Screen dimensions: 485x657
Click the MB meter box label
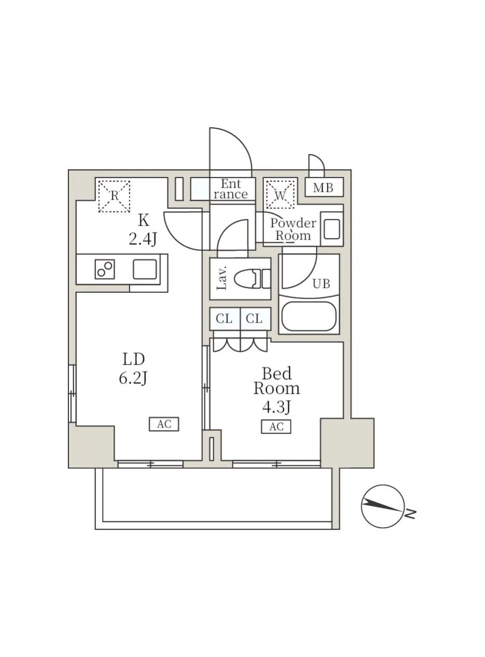323,187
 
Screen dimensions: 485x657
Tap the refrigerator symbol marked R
114,196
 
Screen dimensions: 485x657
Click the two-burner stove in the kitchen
105,269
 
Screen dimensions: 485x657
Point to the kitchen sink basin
145,269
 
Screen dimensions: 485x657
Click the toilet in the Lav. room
252,278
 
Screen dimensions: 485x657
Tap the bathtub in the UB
309,316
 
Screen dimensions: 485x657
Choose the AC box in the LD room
164,424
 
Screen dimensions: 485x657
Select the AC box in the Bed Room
276,426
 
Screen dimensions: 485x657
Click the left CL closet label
224,319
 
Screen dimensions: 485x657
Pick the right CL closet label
254,319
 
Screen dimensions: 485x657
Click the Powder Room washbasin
331,229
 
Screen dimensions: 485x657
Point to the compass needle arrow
382,505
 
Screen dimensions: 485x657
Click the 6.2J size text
133,378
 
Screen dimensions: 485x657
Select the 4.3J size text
276,407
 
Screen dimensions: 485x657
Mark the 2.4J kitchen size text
143,239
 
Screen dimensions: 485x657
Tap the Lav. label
222,278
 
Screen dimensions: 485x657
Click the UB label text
322,284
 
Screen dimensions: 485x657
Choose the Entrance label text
231,189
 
